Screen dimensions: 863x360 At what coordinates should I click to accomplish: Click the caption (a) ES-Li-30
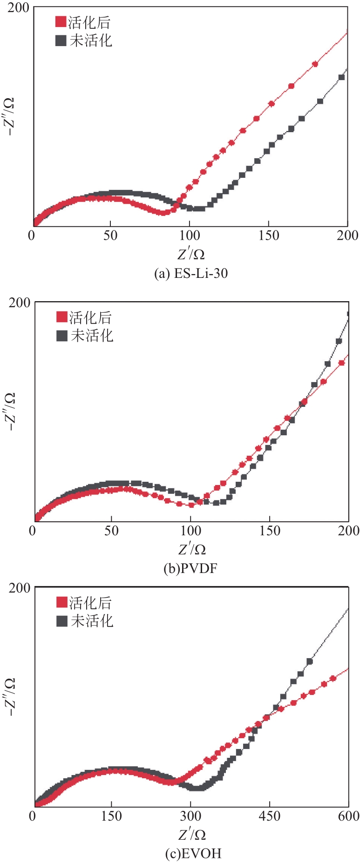pyautogui.click(x=191, y=273)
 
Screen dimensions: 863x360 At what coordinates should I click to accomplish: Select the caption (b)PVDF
pyautogui.click(x=190, y=568)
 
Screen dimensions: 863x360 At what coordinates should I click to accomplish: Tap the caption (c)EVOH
pyautogui.click(x=193, y=853)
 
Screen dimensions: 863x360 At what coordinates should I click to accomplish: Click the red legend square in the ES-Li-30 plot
pyautogui.click(x=61, y=22)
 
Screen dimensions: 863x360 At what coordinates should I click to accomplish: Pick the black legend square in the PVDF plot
pyautogui.click(x=62, y=336)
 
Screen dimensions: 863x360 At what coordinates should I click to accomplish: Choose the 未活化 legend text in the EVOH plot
pyautogui.click(x=92, y=620)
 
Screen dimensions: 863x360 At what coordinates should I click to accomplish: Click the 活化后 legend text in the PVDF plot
pyautogui.click(x=90, y=317)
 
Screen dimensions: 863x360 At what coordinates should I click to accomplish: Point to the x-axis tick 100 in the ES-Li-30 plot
pyautogui.click(x=190, y=236)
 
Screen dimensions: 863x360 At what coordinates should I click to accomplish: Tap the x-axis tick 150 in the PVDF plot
pyautogui.click(x=270, y=531)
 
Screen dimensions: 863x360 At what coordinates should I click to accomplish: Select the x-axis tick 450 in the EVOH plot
pyautogui.click(x=269, y=816)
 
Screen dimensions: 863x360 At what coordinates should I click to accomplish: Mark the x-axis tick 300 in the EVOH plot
pyautogui.click(x=190, y=816)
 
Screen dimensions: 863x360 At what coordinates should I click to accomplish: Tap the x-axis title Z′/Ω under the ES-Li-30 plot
pyautogui.click(x=191, y=254)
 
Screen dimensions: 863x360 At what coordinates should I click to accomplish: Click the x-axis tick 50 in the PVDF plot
pyautogui.click(x=111, y=531)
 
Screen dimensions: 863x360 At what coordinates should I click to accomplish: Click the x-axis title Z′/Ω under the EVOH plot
pyautogui.click(x=192, y=835)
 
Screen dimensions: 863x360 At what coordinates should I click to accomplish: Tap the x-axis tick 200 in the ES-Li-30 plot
pyautogui.click(x=347, y=236)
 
